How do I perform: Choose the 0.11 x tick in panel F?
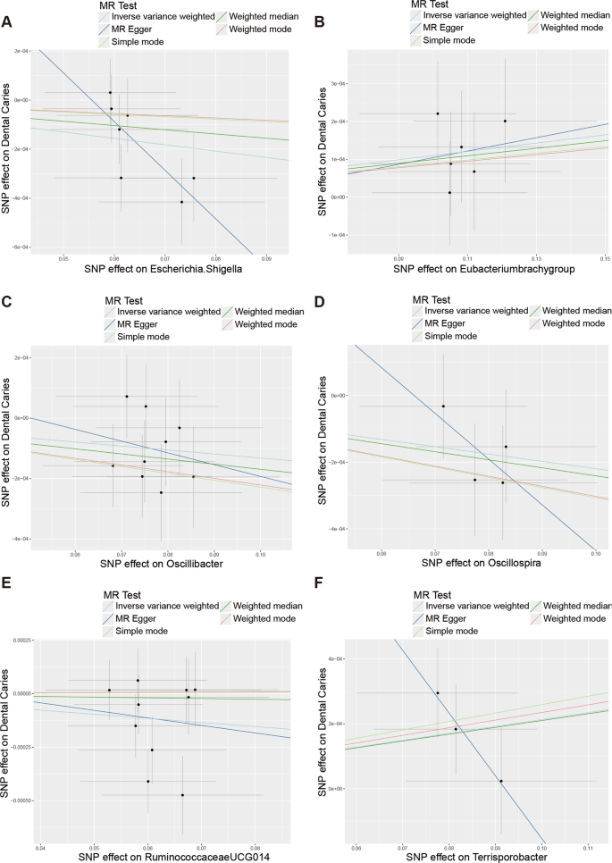coord(588,846)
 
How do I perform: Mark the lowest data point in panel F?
coord(501,781)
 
